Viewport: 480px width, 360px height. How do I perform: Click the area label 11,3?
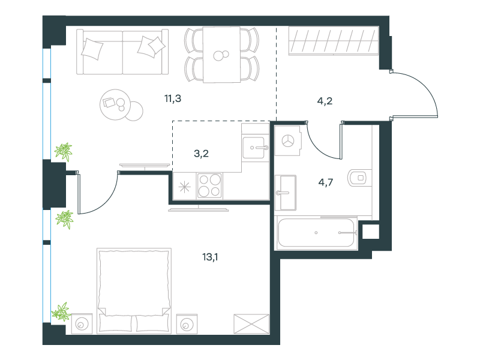click(173, 99)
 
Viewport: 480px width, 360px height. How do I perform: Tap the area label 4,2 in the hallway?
click(325, 101)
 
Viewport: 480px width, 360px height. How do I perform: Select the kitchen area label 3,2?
click(201, 154)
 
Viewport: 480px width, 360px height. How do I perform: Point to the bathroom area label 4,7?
click(326, 182)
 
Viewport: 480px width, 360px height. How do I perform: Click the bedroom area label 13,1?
click(210, 257)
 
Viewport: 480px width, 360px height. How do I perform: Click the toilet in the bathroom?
click(357, 178)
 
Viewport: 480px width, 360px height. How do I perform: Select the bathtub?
click(317, 233)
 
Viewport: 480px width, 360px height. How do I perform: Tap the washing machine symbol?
click(288, 141)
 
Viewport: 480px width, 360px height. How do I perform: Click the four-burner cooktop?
click(209, 185)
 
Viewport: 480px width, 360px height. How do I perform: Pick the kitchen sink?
click(253, 148)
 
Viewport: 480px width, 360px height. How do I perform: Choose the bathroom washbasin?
click(286, 193)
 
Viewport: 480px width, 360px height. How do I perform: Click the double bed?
click(134, 290)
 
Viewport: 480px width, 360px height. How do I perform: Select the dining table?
click(221, 55)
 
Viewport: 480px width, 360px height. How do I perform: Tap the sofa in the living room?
click(122, 52)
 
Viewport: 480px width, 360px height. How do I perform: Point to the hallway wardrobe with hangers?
click(334, 41)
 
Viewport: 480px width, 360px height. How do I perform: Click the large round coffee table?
click(115, 104)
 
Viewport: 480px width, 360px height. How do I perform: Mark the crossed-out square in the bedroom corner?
click(251, 324)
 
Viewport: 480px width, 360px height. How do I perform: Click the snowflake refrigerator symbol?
click(185, 187)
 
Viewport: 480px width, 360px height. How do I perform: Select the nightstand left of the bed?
click(82, 323)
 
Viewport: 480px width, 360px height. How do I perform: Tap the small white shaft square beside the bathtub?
click(371, 232)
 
